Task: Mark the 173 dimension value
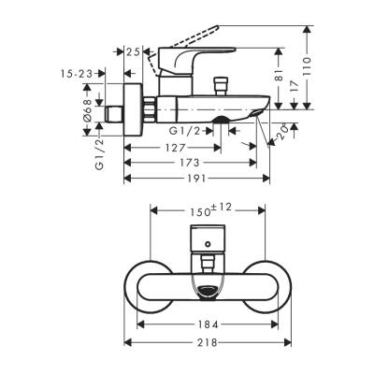point(193,162)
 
